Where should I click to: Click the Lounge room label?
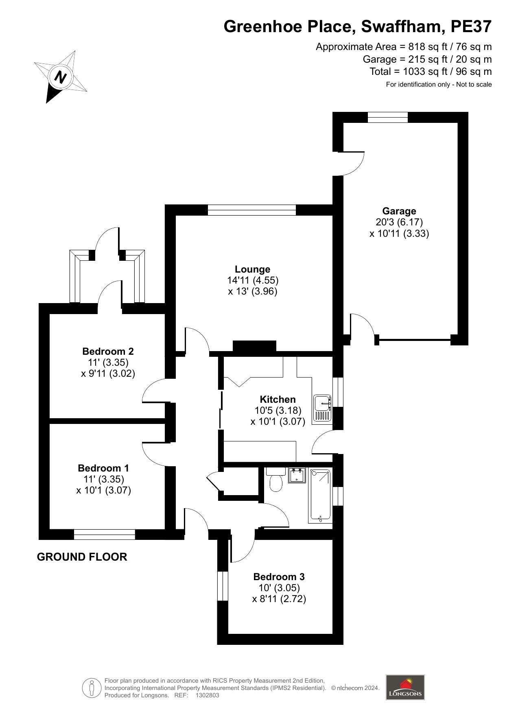[252, 269]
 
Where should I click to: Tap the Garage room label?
[399, 211]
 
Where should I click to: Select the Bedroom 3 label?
[279, 576]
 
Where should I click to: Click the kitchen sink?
[323, 408]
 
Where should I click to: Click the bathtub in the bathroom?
[321, 495]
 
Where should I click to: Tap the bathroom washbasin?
[297, 475]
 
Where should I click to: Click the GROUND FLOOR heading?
[82, 557]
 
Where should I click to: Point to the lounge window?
[252, 210]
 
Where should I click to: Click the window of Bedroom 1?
[105, 534]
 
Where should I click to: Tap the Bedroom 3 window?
[223, 586]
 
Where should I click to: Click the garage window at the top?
[387, 117]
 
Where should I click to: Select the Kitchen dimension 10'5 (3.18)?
[278, 410]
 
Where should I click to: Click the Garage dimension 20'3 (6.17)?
[399, 222]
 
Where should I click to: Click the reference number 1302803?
[208, 695]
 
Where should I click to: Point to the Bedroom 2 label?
[108, 351]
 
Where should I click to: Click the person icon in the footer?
[92, 688]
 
